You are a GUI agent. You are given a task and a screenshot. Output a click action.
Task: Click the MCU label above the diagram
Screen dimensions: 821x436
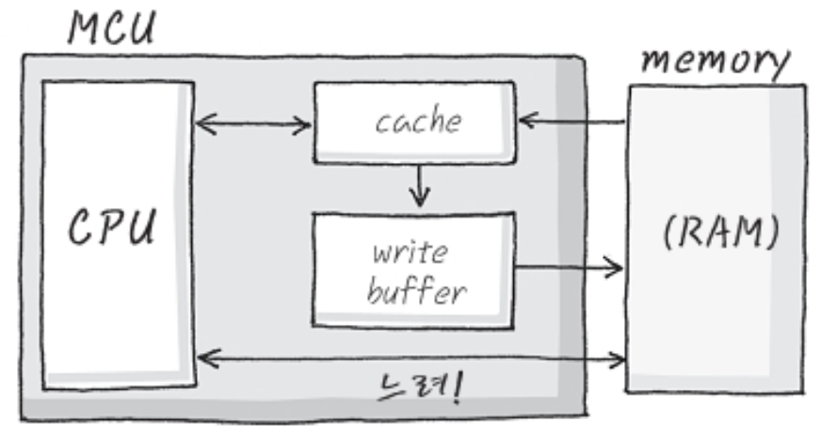pos(112,28)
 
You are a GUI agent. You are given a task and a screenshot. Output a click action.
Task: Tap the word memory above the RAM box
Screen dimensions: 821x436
pos(715,63)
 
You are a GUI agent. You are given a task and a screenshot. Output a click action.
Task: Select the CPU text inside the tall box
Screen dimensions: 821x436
pos(112,229)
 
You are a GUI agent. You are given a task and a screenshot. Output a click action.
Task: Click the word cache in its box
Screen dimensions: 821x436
pos(418,122)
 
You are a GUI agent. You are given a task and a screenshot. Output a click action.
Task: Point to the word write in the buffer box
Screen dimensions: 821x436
pos(410,254)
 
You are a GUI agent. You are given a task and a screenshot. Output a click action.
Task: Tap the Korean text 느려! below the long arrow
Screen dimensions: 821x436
pos(415,386)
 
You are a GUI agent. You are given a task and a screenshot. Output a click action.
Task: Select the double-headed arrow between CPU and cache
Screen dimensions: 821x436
pos(253,122)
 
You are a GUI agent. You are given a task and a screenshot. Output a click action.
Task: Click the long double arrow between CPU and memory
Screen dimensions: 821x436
pos(411,358)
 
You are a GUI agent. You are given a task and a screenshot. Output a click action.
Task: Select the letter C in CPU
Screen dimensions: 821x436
pos(79,229)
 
